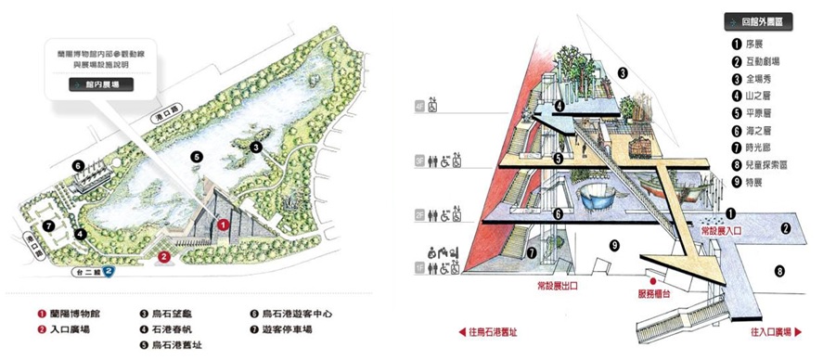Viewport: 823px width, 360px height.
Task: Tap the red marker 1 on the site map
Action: coord(222,223)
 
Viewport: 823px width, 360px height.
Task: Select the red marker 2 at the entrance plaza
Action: coord(164,256)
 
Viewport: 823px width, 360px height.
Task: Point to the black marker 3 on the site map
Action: coord(255,146)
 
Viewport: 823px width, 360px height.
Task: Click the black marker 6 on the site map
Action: coord(79,167)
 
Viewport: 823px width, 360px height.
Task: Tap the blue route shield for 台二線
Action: coord(109,272)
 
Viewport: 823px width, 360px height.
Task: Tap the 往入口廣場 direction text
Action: coord(770,331)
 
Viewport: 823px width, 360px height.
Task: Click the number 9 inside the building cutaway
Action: coord(614,245)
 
